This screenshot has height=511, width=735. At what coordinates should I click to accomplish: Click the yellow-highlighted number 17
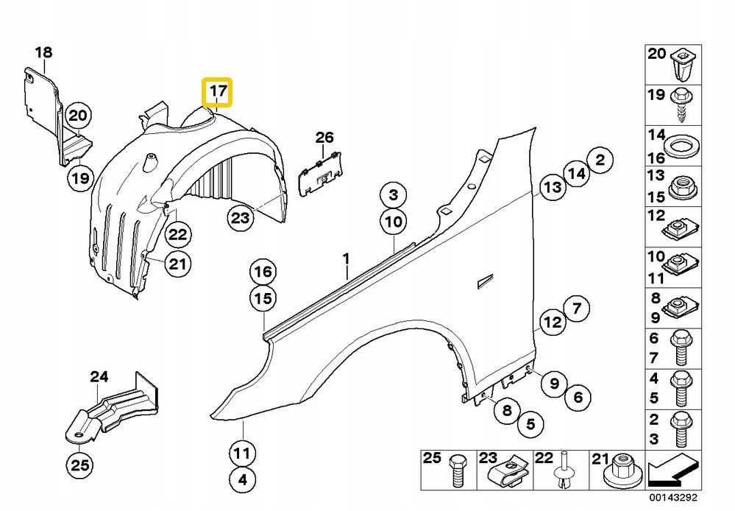coord(218,93)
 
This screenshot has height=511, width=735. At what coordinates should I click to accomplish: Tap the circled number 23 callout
coord(240,217)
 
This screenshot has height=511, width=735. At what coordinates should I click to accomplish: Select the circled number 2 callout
coord(600,159)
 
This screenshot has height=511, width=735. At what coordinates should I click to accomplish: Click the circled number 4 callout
coord(244,480)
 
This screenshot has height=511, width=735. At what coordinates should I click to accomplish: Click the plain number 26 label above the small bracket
coord(324,137)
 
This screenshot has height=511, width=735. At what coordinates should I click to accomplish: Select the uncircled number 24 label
coord(99,376)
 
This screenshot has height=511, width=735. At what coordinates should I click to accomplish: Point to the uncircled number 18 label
coord(43,52)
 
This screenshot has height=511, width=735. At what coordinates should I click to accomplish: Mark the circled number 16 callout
coord(263,272)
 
